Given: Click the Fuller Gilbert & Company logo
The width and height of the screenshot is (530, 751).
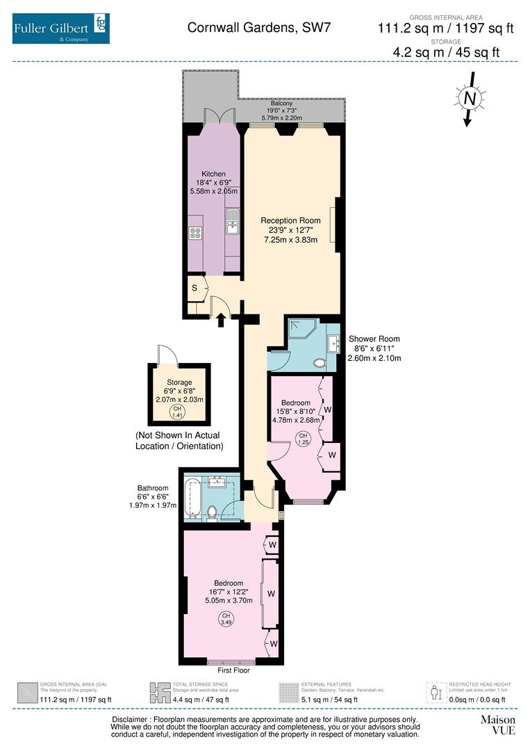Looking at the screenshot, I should (60, 28).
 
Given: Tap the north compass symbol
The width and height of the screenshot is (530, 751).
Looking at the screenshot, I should (470, 99).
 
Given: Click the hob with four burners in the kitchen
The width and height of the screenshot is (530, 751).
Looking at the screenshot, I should (196, 234).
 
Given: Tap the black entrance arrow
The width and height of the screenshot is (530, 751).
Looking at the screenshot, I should (221, 319).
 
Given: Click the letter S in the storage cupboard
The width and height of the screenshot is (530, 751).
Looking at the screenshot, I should (194, 286).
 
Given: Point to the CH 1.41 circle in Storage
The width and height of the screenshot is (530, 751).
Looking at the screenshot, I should (179, 412).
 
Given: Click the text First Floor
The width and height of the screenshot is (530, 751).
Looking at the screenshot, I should (233, 670).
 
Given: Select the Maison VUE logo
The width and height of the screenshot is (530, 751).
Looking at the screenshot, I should (498, 725).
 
